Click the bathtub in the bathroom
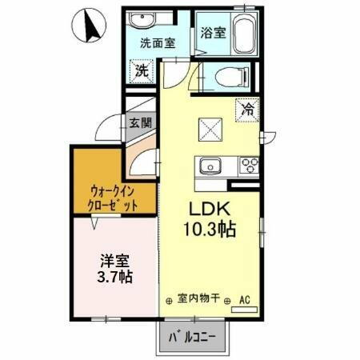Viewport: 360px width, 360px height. pyautogui.click(x=239, y=34)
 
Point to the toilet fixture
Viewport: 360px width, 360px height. pyautogui.click(x=231, y=76)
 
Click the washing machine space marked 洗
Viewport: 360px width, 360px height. pyautogui.click(x=142, y=70)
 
